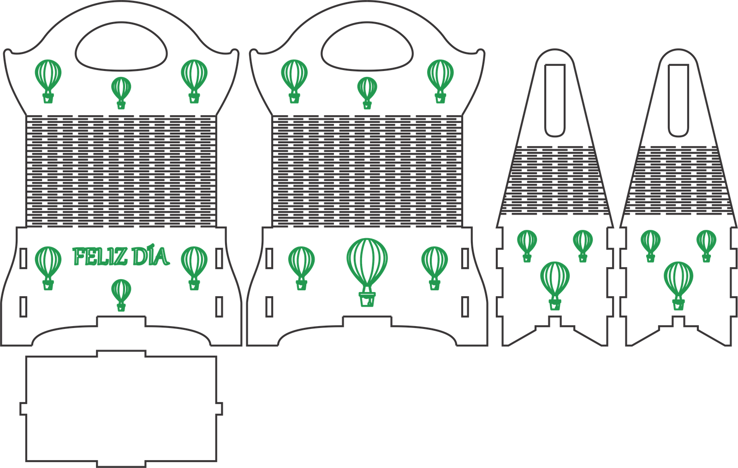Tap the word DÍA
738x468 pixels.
click(x=150, y=257)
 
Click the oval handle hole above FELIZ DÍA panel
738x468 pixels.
click(x=122, y=50)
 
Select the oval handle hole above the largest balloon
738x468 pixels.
click(x=367, y=50)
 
